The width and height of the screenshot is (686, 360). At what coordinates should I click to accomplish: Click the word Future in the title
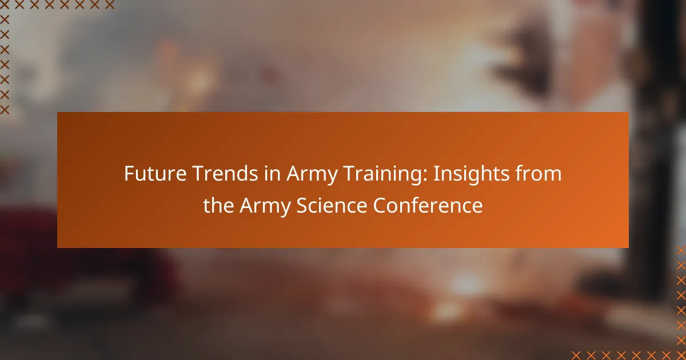[x=155, y=173]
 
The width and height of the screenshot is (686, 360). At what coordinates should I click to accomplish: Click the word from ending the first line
[x=539, y=173]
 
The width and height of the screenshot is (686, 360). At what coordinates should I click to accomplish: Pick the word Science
[x=332, y=205]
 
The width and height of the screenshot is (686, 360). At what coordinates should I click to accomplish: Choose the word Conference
[x=428, y=205]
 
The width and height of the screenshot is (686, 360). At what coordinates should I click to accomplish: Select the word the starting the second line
[x=218, y=205]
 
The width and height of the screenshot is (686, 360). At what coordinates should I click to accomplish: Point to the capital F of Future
[x=129, y=174]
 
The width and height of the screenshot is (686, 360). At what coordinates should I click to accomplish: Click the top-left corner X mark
[x=5, y=5]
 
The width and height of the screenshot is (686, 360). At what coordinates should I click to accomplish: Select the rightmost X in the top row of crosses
[x=110, y=5]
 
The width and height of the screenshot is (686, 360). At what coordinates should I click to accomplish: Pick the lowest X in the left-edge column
[x=5, y=110]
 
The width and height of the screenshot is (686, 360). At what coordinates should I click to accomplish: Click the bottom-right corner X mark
[x=681, y=355]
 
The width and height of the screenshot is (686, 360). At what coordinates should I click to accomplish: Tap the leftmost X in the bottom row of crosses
[x=576, y=355]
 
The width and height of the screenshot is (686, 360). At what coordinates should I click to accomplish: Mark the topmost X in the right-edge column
[x=681, y=250]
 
